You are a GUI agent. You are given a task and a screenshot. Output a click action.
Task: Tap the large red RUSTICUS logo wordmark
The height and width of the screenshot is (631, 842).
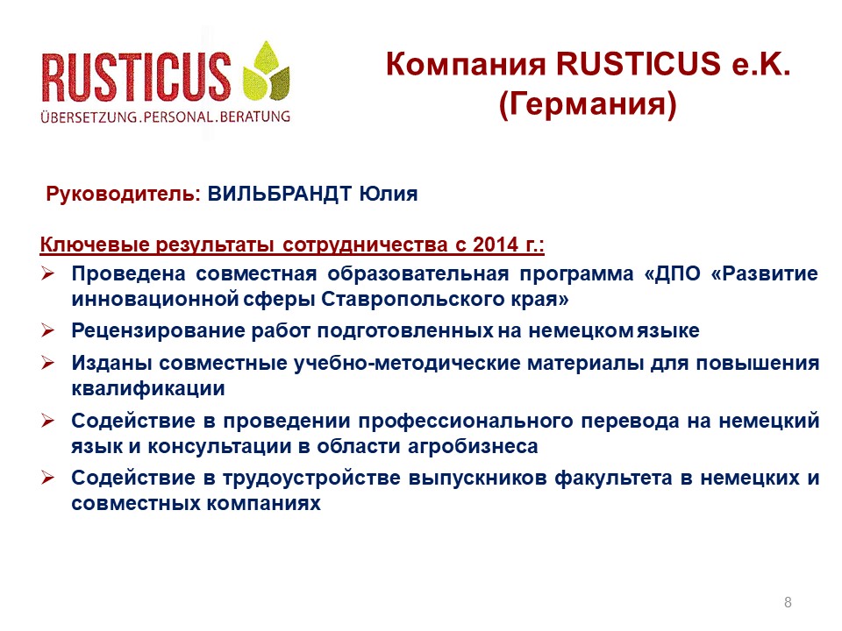click(x=137, y=77)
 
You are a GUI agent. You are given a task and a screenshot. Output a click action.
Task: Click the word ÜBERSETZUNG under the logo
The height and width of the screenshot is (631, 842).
click(x=89, y=117)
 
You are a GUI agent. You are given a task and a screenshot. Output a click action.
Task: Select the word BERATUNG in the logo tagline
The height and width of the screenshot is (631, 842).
click(x=255, y=117)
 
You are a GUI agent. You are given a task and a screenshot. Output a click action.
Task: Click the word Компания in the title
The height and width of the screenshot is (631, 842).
click(x=465, y=64)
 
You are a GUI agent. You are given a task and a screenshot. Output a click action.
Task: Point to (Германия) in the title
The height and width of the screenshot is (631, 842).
click(x=588, y=103)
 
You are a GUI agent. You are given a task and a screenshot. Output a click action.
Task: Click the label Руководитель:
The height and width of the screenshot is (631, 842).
click(x=123, y=194)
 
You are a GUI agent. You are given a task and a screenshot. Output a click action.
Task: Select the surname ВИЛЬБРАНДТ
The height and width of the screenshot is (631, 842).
click(x=279, y=194)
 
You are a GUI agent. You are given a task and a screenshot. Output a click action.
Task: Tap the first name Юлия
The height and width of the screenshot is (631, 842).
click(x=389, y=194)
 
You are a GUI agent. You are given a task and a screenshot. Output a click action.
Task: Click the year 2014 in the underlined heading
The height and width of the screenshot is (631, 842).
click(x=496, y=245)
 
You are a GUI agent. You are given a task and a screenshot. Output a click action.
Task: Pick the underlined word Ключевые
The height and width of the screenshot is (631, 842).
click(x=95, y=245)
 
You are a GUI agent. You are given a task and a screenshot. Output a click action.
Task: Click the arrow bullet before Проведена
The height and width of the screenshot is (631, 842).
click(x=47, y=273)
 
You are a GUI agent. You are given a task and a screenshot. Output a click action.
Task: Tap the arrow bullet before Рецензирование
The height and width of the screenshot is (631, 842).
click(x=47, y=330)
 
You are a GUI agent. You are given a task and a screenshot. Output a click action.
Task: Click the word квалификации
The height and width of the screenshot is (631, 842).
click(x=148, y=388)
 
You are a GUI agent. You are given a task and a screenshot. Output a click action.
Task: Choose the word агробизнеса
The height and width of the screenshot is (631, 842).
click(x=473, y=446)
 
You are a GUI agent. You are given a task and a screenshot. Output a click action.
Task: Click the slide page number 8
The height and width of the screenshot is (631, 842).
click(x=788, y=602)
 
